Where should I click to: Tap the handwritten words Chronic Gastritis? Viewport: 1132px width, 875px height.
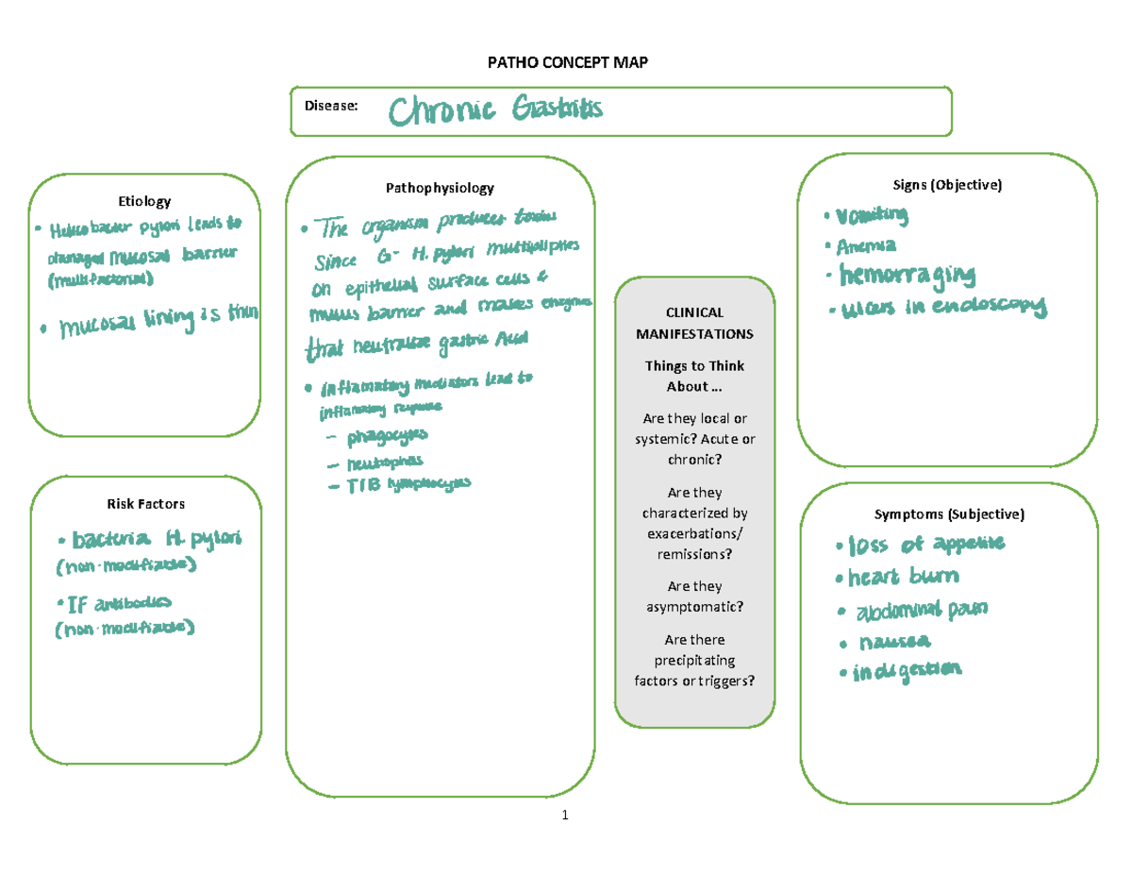coord(495,111)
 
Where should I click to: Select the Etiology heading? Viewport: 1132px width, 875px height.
coord(144,201)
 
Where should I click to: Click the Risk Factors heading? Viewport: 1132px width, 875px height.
coord(145,503)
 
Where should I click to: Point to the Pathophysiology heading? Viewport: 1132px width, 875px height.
coord(440,188)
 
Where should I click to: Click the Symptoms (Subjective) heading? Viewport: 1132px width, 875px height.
coord(948,514)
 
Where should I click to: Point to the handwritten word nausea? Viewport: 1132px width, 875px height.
coord(894,642)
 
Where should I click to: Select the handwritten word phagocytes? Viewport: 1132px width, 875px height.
coord(387,436)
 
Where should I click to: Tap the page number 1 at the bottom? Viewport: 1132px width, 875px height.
coord(564,816)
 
